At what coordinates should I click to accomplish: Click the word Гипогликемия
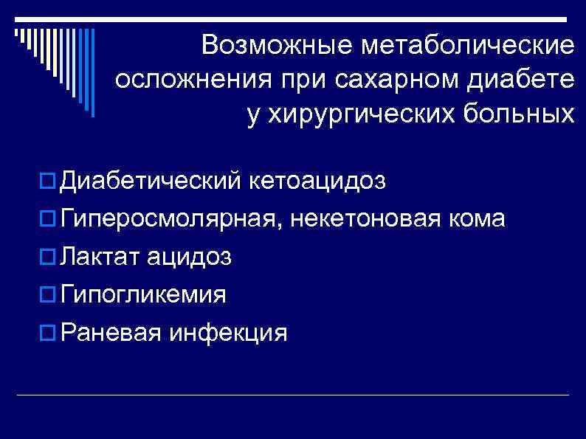[x=144, y=295]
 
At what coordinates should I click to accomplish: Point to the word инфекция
[x=227, y=333]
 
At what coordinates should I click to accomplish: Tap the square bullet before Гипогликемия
[x=49, y=295]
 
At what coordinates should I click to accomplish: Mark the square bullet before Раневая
[x=49, y=333]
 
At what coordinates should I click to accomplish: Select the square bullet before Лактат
[x=49, y=257]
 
